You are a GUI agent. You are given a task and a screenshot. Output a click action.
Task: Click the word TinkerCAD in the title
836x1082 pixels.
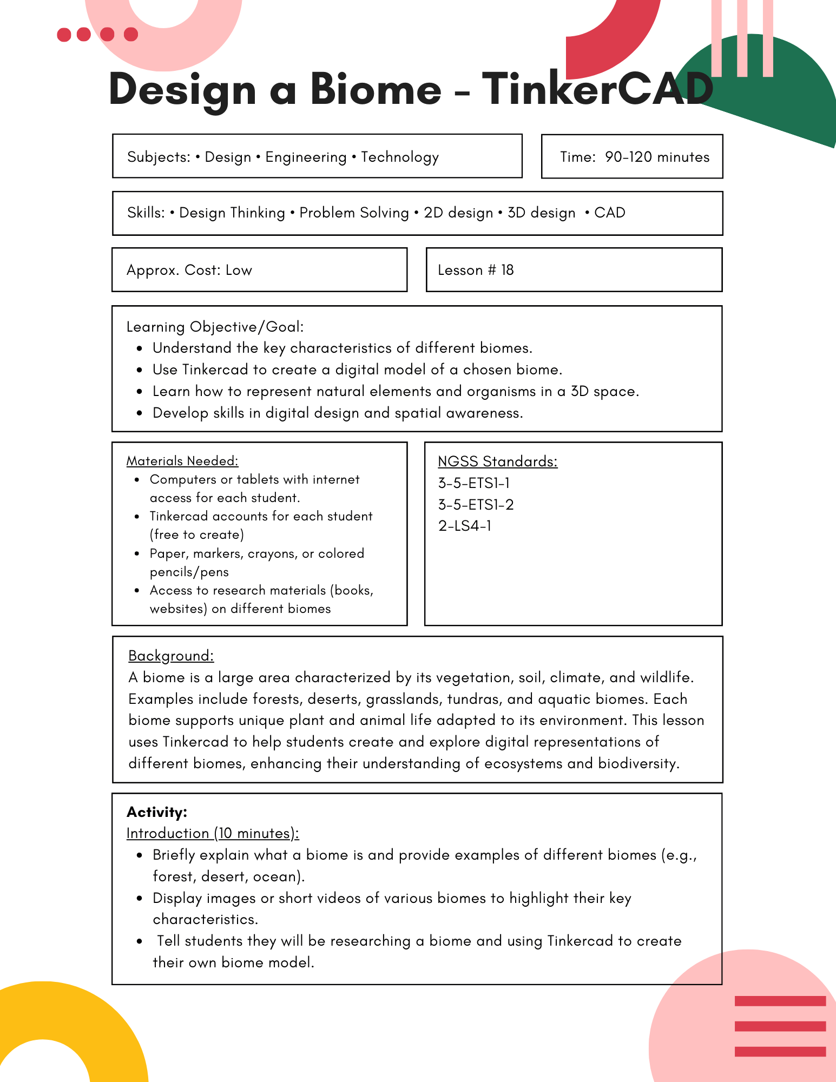[x=597, y=89]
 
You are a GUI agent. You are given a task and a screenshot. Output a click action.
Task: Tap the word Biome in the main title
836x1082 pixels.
[x=376, y=89]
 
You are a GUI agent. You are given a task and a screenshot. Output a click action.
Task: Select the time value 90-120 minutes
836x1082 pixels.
[x=657, y=157]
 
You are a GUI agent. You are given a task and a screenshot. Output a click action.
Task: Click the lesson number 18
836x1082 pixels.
[x=507, y=270]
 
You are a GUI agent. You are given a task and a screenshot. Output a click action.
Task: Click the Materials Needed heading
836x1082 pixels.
[x=182, y=461]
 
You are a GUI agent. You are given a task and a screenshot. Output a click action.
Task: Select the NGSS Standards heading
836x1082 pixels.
[x=497, y=461]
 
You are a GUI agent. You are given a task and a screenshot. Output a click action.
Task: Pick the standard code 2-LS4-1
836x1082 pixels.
[x=465, y=526]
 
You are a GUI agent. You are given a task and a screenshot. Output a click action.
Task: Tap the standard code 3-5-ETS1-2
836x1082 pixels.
[x=476, y=505]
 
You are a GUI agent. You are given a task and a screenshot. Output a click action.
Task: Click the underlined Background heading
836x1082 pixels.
[x=171, y=656]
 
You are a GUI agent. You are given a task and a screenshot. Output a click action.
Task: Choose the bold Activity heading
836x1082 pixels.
[x=157, y=812]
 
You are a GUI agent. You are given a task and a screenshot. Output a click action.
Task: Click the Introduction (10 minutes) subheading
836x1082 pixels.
[x=213, y=833]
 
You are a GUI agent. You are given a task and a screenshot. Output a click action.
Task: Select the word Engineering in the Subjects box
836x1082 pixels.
[x=306, y=157]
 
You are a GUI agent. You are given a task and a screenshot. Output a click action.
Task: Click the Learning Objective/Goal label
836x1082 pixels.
[x=215, y=327]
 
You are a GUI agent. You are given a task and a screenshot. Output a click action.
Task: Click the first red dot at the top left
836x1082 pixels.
[x=64, y=35]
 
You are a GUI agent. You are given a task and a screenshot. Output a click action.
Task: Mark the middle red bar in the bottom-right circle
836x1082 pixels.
[x=780, y=1026]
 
